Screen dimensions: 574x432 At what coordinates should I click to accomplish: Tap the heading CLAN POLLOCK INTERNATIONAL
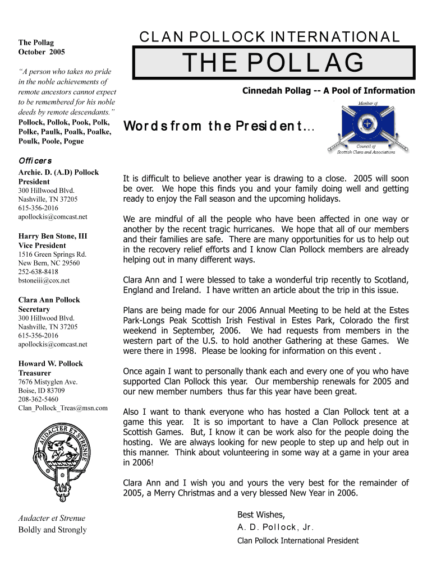pos(270,38)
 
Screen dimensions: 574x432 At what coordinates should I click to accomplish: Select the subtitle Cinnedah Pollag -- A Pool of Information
pos(328,91)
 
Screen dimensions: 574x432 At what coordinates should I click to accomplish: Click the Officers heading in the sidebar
pos(35,161)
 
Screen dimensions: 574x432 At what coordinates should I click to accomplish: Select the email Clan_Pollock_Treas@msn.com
pos(63,408)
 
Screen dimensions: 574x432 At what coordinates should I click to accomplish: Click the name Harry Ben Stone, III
pos(53,236)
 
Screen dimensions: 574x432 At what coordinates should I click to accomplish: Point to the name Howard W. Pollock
pos(51,363)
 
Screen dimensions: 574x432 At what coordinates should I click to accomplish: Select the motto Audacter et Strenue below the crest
pos(52,518)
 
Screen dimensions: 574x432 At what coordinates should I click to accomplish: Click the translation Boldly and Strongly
pos(53,530)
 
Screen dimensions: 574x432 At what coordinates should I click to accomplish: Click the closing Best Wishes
pos(261,515)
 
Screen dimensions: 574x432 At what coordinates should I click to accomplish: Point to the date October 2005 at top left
pos(42,52)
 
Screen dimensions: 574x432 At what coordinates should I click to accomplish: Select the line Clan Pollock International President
pos(298,541)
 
